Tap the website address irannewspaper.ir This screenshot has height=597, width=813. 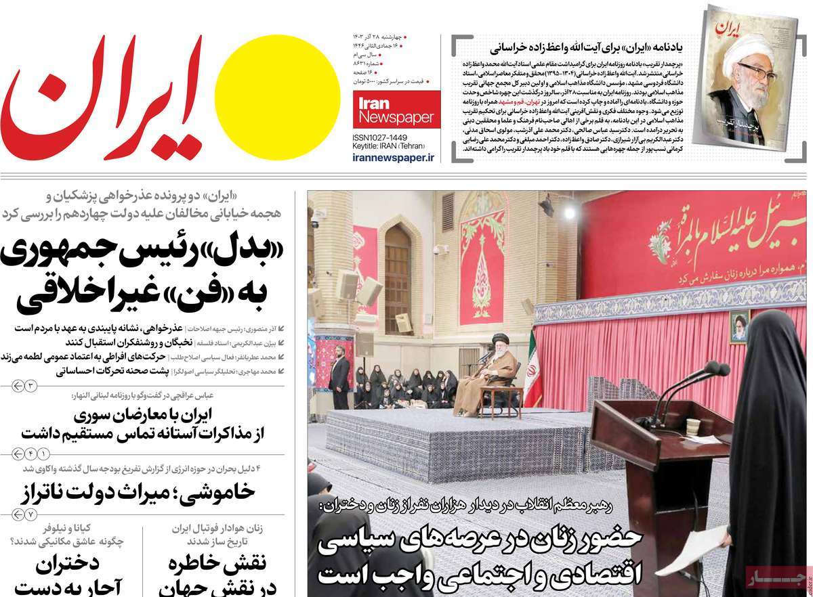pos(394,157)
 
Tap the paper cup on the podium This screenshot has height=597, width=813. pos(692,426)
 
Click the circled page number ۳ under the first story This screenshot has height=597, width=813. pos(30,385)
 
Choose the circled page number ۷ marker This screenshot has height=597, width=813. pos(30,515)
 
